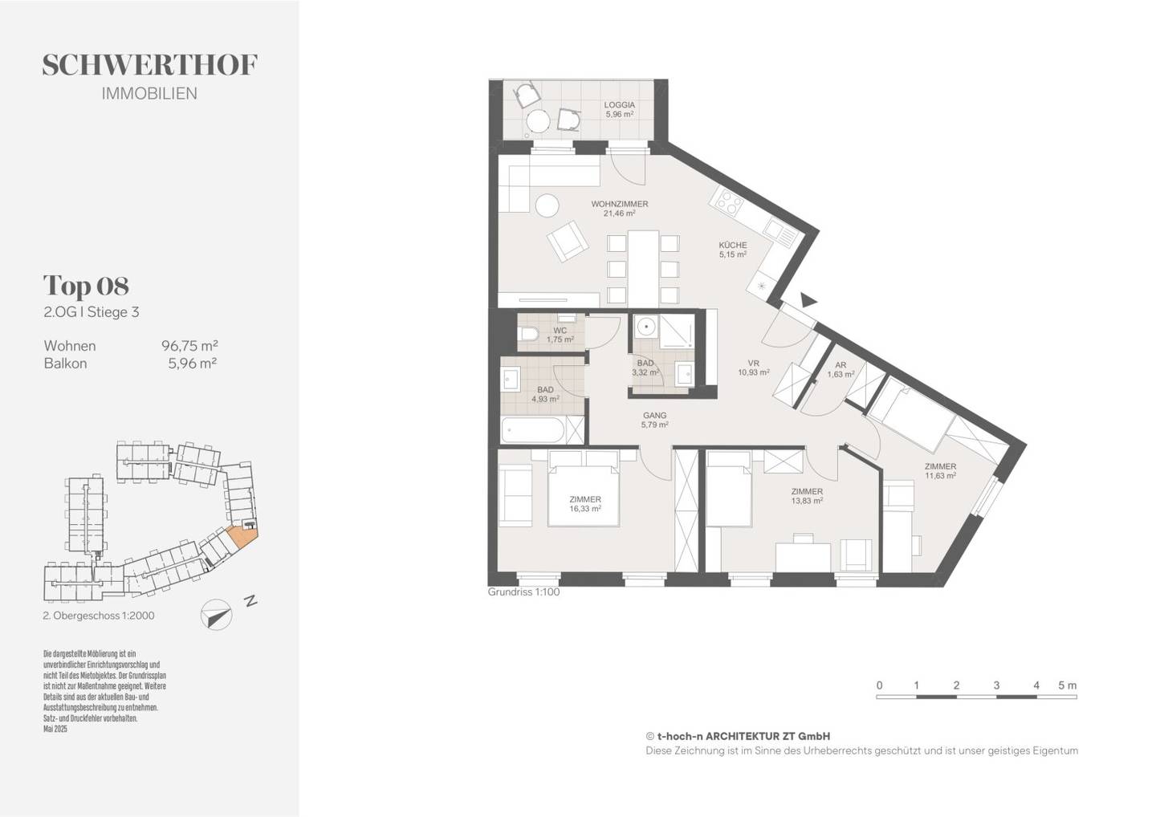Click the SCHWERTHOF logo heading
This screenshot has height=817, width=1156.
click(x=149, y=65)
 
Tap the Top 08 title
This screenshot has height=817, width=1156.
click(x=86, y=286)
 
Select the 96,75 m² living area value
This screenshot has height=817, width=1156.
click(x=189, y=345)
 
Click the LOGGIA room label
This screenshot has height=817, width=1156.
click(x=619, y=104)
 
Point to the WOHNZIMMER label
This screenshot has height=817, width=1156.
click(x=619, y=204)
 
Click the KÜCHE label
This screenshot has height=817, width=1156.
click(x=733, y=245)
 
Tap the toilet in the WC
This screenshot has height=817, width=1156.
click(x=528, y=333)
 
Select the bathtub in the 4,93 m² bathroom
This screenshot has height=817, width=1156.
click(x=534, y=430)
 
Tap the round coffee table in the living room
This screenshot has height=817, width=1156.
click(x=547, y=205)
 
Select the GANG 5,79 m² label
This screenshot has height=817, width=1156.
click(x=654, y=420)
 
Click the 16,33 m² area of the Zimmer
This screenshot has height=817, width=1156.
click(x=585, y=509)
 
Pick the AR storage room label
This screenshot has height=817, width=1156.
click(x=841, y=364)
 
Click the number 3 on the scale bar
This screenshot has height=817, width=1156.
click(x=996, y=685)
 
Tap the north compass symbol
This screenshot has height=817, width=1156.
click(x=216, y=615)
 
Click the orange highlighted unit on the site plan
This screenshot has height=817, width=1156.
click(x=243, y=536)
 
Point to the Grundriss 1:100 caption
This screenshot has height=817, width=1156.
click(x=523, y=592)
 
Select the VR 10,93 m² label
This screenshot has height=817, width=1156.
click(x=754, y=368)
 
